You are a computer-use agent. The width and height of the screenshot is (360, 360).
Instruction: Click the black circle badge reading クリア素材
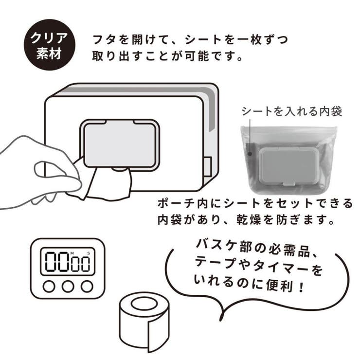[50, 45]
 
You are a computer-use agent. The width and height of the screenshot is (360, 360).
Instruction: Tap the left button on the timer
[49, 287]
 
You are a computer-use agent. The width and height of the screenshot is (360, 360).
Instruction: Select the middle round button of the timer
[68, 287]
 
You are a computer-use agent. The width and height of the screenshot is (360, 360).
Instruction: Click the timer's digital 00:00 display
[68, 262]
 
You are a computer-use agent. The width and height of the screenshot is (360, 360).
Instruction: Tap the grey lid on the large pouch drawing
[120, 143]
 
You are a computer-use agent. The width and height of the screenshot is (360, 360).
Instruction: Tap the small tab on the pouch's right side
[208, 167]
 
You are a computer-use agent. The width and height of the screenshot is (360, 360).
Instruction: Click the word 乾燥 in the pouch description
[249, 220]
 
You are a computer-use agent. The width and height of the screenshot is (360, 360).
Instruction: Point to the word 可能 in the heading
[197, 56]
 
